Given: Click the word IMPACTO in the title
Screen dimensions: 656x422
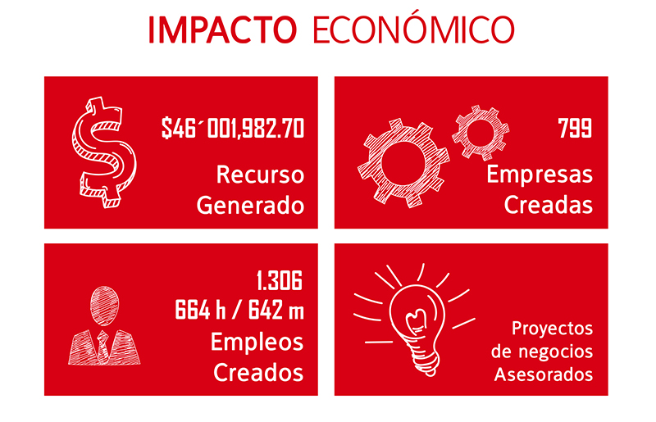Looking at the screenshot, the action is click(x=222, y=30).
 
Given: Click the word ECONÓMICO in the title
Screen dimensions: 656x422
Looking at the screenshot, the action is click(x=413, y=29).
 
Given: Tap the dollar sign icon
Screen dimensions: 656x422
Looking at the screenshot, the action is click(x=104, y=152).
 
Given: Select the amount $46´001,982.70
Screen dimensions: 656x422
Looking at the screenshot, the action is click(x=233, y=129).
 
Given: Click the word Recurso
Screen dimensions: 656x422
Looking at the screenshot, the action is click(x=260, y=175).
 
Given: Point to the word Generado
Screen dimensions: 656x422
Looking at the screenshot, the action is click(x=250, y=206).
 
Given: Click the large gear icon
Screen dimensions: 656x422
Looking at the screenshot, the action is click(x=403, y=162).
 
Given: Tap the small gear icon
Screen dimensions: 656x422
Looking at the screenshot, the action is click(x=481, y=133).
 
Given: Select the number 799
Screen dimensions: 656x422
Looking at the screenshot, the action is click(x=576, y=128).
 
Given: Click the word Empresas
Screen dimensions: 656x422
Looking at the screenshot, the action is click(x=540, y=174).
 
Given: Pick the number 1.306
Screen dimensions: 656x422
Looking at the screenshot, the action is click(x=280, y=280).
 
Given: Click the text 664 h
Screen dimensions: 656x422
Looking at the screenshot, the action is click(x=200, y=311).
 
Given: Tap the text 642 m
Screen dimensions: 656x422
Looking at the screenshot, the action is click(x=276, y=311).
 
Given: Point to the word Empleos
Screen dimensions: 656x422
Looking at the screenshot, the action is click(x=257, y=343).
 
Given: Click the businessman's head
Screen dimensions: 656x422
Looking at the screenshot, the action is click(x=104, y=306).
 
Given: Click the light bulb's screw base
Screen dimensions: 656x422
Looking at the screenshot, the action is click(x=425, y=360).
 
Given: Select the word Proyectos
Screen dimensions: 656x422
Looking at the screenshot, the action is click(x=552, y=329).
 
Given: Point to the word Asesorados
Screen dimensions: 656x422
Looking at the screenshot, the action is click(x=544, y=374).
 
